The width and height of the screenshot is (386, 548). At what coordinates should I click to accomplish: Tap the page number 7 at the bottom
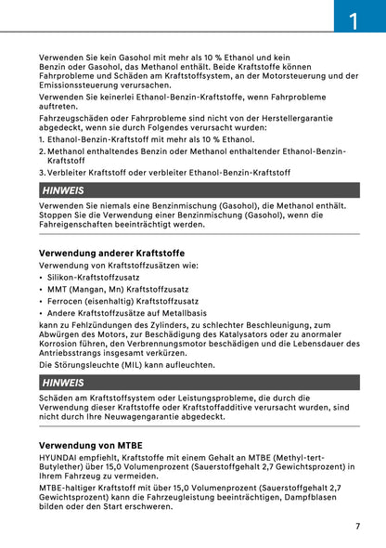(x=357, y=526)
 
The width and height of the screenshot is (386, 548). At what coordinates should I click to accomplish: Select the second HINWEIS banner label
(x=64, y=383)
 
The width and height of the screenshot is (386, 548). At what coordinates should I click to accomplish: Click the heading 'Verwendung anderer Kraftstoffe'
(x=111, y=253)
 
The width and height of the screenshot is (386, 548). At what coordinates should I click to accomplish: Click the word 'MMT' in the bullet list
(x=58, y=289)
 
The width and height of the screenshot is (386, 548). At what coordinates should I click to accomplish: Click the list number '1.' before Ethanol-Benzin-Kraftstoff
(x=43, y=138)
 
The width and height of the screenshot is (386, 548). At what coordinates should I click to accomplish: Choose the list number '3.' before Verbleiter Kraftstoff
(x=43, y=172)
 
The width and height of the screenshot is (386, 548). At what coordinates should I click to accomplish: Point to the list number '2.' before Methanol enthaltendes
(x=43, y=150)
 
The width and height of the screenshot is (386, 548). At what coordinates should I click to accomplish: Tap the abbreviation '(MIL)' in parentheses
(x=132, y=365)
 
